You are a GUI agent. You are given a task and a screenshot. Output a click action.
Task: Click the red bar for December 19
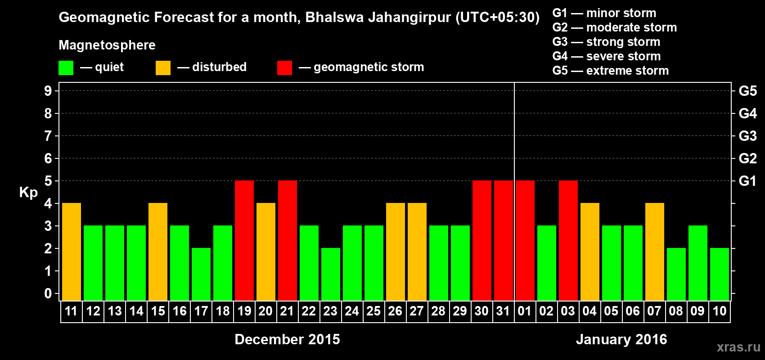[244, 240]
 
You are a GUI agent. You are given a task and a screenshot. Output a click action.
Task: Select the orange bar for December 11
[72, 252]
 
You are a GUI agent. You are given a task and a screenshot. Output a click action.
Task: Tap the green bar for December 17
[201, 274]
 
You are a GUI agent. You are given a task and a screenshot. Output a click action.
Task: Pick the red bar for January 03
[568, 240]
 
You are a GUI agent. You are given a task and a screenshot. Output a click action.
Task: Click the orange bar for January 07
[655, 252]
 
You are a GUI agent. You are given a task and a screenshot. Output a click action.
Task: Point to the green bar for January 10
[720, 274]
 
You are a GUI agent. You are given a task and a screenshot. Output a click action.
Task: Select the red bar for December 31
[504, 240]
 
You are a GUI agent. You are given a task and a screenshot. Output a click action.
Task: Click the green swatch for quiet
[66, 68]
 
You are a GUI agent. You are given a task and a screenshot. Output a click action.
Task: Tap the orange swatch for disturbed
[163, 68]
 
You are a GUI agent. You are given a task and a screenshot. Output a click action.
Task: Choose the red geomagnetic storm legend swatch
[285, 68]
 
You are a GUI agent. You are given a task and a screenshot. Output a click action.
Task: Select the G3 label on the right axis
[747, 136]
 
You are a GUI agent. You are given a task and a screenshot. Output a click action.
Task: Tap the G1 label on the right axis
[747, 181]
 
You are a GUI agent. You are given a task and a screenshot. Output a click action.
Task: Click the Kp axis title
[28, 193]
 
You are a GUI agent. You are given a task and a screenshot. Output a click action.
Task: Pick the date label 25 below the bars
[373, 311]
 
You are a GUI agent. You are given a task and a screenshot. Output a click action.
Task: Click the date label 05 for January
[611, 311]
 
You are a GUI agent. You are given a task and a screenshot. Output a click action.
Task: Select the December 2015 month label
[287, 339]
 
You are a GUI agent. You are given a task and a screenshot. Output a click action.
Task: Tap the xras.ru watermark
[738, 347]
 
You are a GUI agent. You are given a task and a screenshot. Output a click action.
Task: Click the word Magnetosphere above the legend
[107, 45]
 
